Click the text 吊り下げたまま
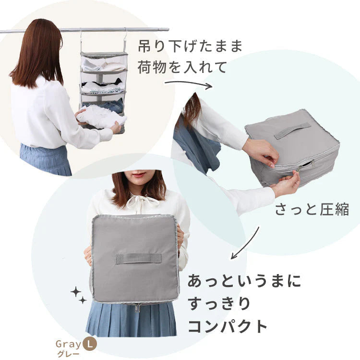click(x=190, y=47)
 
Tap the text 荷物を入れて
click(x=182, y=67)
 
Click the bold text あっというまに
click(x=244, y=281)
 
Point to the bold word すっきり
click(x=219, y=304)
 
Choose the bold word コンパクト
click(x=228, y=326)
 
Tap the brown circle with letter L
click(x=89, y=344)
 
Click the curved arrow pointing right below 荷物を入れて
click(x=188, y=84)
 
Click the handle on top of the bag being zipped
click(x=292, y=130)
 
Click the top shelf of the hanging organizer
click(x=104, y=62)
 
